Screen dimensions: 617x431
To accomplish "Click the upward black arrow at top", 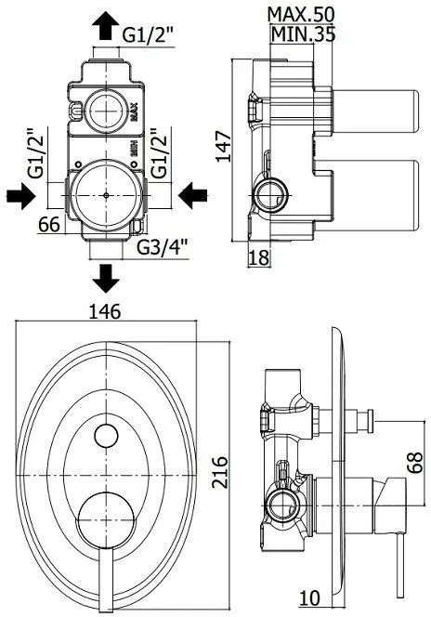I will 105,23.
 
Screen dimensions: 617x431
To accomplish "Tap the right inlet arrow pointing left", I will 193,195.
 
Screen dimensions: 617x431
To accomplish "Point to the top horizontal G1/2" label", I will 149,34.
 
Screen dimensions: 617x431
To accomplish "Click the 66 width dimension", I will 51,223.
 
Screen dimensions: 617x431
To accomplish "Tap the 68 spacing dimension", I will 415,460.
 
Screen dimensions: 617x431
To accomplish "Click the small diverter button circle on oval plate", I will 108,436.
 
